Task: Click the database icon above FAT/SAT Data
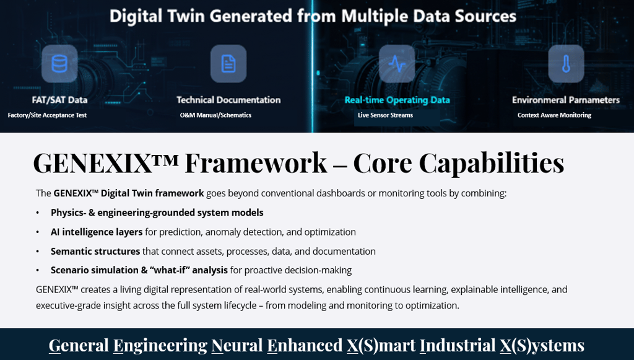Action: tap(59, 64)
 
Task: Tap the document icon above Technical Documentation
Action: tap(228, 64)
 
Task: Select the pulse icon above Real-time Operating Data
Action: tap(397, 64)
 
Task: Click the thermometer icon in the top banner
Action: tap(566, 64)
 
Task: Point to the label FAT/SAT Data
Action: tap(59, 100)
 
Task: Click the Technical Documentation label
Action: tap(228, 100)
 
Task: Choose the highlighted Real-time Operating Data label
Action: tap(397, 100)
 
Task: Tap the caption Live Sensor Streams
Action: tap(385, 115)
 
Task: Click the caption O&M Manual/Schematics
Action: tap(215, 115)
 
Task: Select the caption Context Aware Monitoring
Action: tap(554, 115)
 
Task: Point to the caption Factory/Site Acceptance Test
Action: tap(47, 115)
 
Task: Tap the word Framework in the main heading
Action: tap(256, 163)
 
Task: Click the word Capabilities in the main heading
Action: tap(491, 163)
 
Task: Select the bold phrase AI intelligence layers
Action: tap(97, 232)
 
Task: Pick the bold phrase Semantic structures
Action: tap(95, 252)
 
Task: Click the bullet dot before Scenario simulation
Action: tap(38, 270)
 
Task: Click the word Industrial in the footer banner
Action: tap(458, 345)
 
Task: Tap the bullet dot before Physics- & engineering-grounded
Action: tap(38, 213)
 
